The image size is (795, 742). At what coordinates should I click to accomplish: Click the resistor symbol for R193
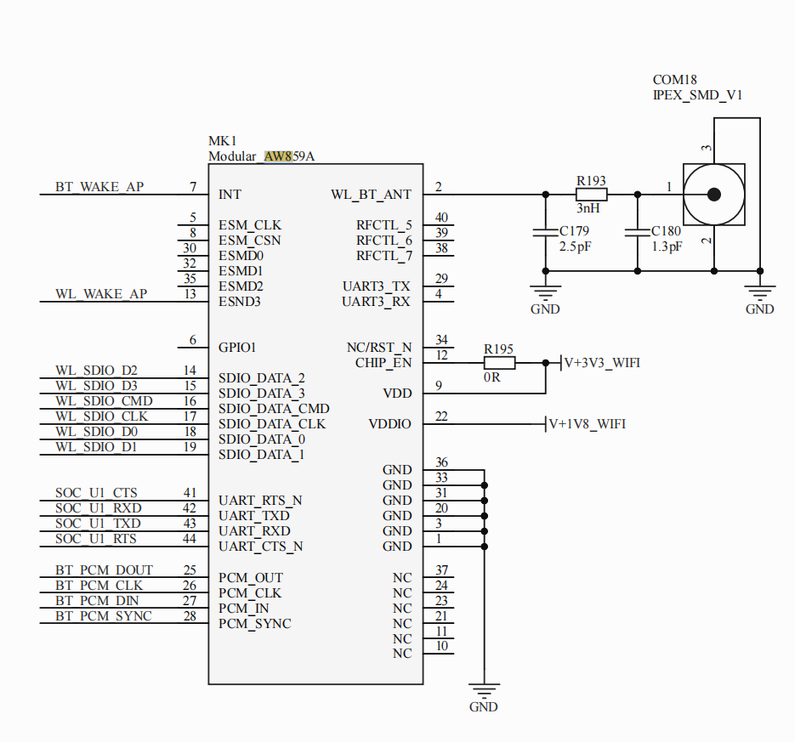[x=591, y=194]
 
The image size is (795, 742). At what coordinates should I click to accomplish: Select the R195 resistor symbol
[x=498, y=363]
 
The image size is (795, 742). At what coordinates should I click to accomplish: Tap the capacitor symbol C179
[x=545, y=232]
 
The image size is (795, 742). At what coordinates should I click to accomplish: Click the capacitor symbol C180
[x=637, y=232]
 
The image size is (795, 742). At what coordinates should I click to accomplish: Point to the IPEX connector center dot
[x=714, y=194]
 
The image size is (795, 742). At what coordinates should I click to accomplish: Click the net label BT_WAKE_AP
[x=99, y=187]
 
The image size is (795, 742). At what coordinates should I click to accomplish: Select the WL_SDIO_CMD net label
[x=104, y=401]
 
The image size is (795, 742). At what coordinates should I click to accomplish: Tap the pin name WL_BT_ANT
[x=371, y=195]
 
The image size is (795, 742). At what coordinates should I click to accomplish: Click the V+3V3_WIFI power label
[x=602, y=363]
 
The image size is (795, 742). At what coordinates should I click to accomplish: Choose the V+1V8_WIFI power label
[x=587, y=424]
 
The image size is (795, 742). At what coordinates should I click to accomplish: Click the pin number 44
[x=190, y=539]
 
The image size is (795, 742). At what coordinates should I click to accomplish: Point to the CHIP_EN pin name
[x=383, y=363]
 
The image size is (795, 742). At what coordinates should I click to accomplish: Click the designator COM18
[x=675, y=80]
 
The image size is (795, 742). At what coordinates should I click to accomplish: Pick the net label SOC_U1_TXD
[x=98, y=524]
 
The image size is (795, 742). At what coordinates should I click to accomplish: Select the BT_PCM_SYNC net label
[x=103, y=616]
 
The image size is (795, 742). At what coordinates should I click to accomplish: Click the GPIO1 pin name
[x=237, y=348]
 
